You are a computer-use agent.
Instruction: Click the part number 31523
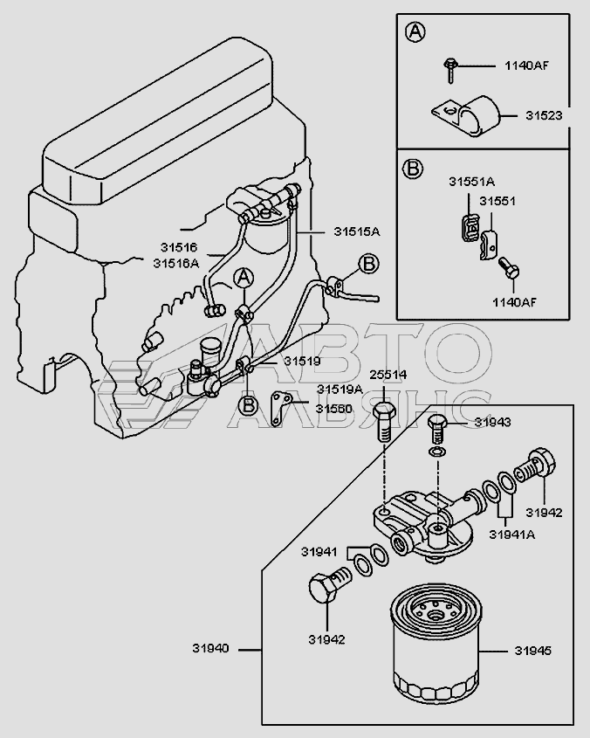[544, 116]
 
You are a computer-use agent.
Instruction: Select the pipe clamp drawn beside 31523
[466, 116]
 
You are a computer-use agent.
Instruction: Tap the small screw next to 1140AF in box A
[450, 70]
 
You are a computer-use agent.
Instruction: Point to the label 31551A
[471, 182]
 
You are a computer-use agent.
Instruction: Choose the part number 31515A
[357, 231]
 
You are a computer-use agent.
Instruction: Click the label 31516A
[175, 264]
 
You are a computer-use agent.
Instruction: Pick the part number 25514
[388, 376]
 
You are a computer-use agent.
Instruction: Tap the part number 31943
[492, 422]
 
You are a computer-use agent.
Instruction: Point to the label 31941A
[511, 535]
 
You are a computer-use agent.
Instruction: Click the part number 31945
[532, 651]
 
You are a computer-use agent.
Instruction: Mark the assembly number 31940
[210, 649]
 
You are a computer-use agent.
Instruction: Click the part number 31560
[333, 409]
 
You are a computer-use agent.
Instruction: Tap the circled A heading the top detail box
[415, 32]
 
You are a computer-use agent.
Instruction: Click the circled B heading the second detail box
[413, 168]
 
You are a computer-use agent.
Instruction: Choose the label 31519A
[340, 390]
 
